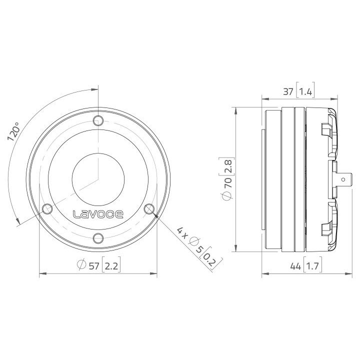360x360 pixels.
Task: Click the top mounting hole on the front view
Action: click(x=98, y=120)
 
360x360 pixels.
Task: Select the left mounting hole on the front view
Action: click(x=47, y=208)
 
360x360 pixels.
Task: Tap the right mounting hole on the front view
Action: click(x=149, y=208)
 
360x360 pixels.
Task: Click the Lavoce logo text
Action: click(x=99, y=214)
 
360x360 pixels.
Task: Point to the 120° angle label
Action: click(x=14, y=132)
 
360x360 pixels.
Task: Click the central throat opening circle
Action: click(x=98, y=178)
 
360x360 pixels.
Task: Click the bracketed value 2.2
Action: click(x=112, y=266)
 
